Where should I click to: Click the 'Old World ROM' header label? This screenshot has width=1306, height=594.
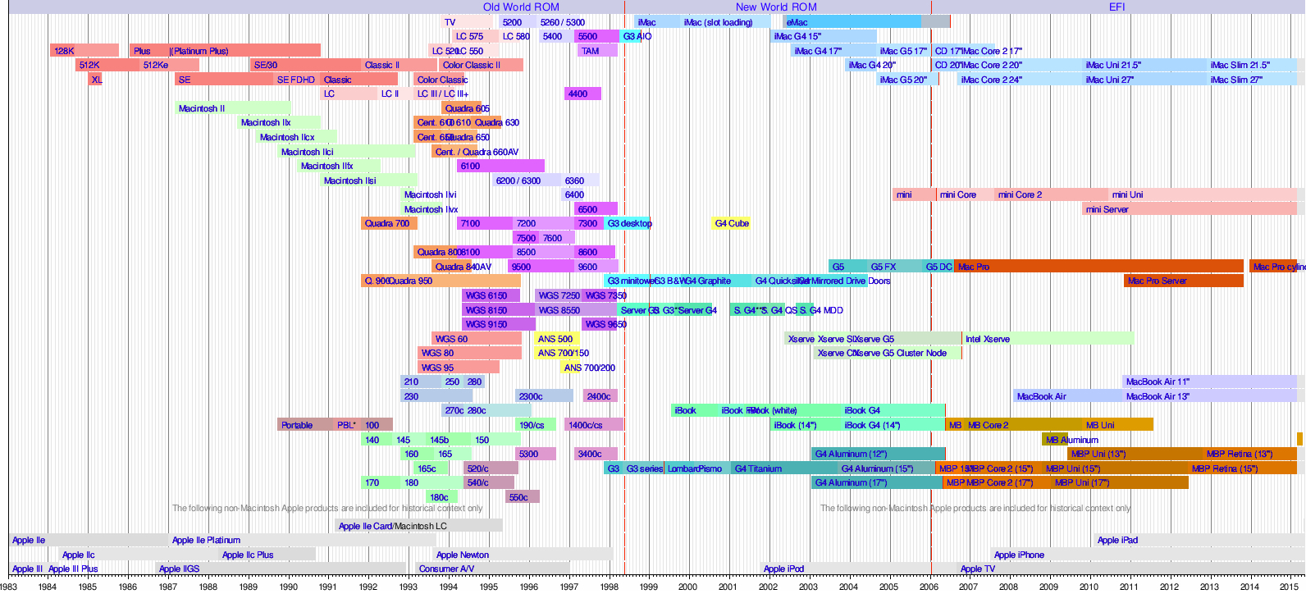(521, 7)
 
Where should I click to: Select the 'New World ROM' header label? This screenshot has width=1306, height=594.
(776, 7)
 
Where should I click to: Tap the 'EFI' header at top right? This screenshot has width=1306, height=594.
(1116, 7)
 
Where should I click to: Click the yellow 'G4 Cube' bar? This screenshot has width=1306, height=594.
(731, 223)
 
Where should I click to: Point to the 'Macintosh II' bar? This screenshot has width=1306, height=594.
(233, 108)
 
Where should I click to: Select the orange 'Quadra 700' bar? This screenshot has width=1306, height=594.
(388, 223)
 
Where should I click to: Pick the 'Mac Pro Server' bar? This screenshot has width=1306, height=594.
(1182, 281)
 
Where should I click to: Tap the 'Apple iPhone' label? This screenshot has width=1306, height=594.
(1019, 555)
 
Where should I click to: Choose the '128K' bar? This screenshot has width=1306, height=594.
(83, 51)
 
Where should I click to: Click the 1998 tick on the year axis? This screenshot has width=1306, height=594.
(609, 586)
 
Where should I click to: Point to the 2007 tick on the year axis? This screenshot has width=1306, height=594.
(969, 586)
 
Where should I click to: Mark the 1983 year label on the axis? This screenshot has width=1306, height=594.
(8, 586)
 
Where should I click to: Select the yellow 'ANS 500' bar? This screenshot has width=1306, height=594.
(556, 339)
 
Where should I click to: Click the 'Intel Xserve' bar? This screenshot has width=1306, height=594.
(1048, 339)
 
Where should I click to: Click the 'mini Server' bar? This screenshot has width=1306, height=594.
(1189, 209)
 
